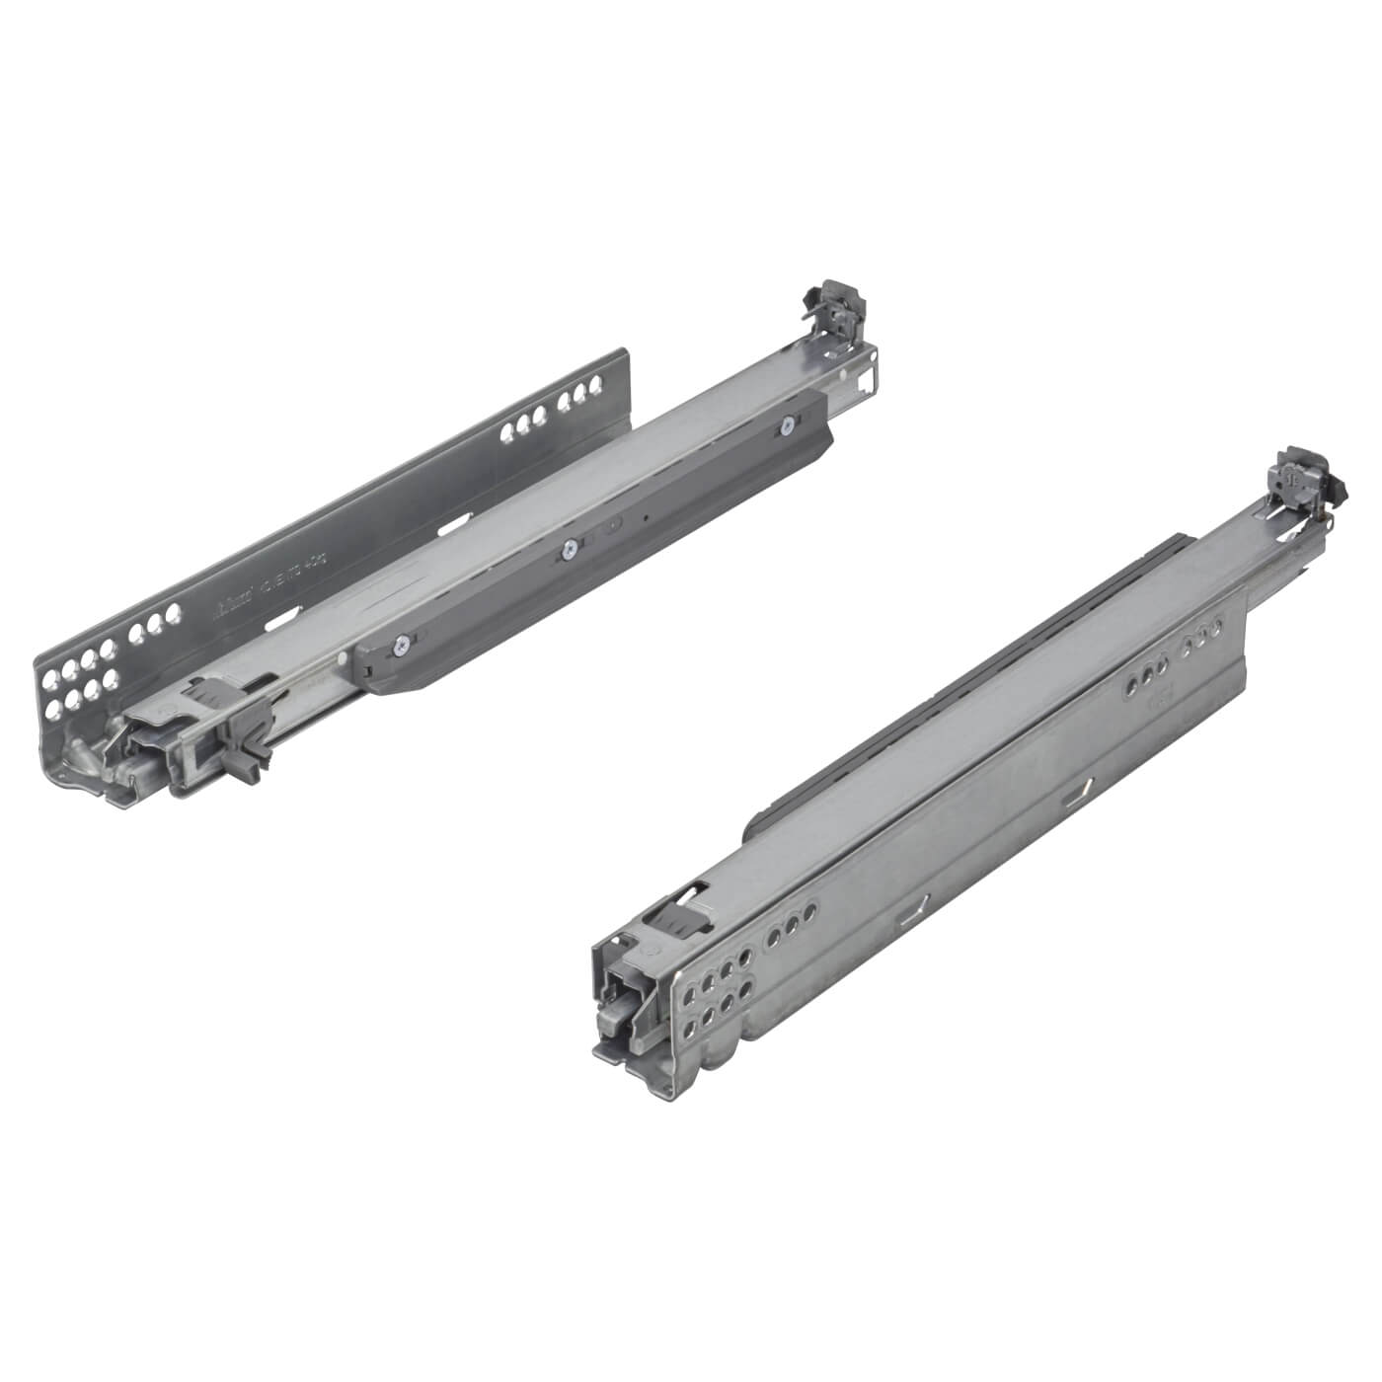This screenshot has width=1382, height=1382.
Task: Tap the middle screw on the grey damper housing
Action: click(x=570, y=550)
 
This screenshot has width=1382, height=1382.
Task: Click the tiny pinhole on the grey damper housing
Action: click(x=644, y=516)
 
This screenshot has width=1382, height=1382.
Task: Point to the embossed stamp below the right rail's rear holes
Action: click(x=1159, y=707)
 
